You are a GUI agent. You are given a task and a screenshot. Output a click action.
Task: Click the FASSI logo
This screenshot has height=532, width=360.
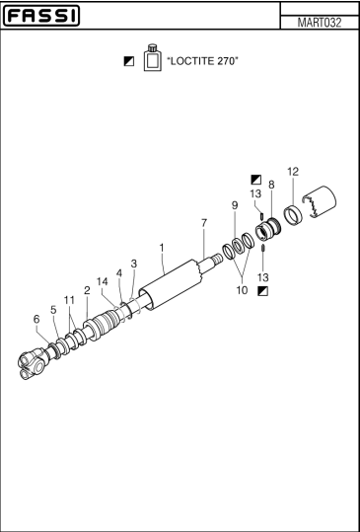click(54, 17)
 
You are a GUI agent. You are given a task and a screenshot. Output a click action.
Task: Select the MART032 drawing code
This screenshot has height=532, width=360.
click(319, 22)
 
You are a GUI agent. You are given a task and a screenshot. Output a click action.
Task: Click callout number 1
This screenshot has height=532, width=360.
click(162, 246)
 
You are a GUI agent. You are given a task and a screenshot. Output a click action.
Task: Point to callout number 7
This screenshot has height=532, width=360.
click(203, 223)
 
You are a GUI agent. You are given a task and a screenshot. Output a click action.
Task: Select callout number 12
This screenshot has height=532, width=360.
click(292, 172)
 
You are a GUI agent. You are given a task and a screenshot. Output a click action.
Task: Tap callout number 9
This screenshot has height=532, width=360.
click(234, 205)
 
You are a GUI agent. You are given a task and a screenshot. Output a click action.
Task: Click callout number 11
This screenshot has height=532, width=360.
click(69, 299)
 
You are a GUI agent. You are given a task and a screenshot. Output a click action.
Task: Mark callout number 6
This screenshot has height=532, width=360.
click(37, 319)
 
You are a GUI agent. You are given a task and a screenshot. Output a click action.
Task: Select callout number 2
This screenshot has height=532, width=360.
click(87, 290)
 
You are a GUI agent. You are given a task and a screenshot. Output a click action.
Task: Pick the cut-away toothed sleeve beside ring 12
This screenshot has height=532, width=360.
click(323, 206)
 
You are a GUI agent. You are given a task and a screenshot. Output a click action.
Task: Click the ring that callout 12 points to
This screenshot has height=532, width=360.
click(292, 215)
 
